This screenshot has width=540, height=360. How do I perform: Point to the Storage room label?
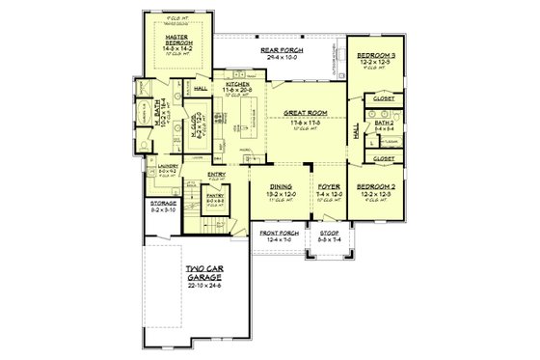coord(162,205)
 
